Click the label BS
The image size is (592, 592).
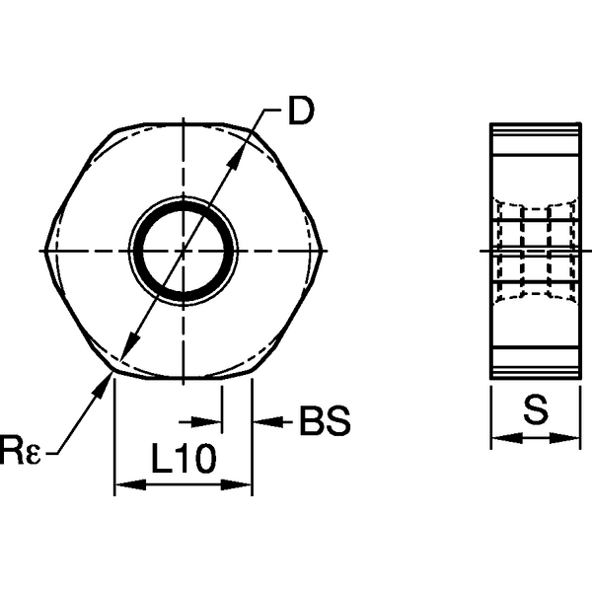(325, 423)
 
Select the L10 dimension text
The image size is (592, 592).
(184, 459)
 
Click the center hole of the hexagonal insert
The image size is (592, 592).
(184, 251)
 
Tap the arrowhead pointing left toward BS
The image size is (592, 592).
(264, 423)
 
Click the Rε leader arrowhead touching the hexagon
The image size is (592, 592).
(103, 388)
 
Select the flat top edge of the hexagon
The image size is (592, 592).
(184, 124)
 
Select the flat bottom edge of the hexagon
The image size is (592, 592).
(184, 377)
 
